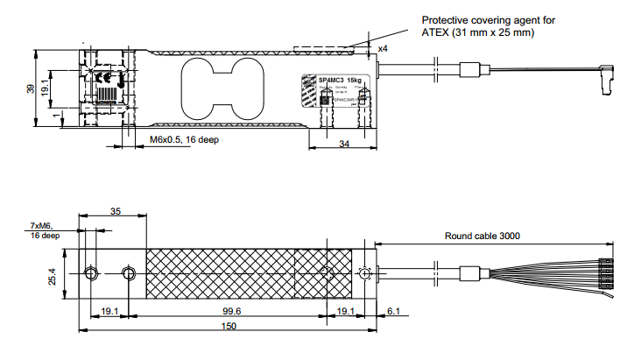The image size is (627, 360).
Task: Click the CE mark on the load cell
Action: [102, 76]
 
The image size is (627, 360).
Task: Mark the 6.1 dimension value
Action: [393, 311]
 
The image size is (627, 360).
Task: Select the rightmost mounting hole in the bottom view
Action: [365, 273]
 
